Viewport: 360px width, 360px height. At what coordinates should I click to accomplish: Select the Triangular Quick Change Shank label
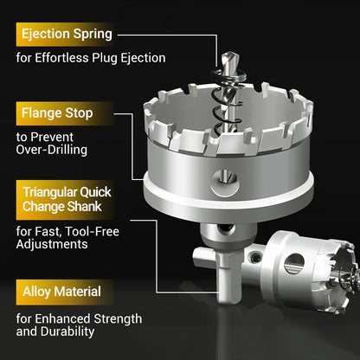(67, 200)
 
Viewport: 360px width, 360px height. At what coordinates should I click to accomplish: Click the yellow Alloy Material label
(61, 292)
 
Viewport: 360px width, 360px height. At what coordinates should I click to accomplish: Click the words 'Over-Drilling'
(51, 149)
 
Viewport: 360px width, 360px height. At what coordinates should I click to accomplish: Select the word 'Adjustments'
(53, 244)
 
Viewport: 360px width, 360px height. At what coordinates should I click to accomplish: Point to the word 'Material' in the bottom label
(76, 292)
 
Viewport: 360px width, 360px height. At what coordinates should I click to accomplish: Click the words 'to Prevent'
(45, 136)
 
